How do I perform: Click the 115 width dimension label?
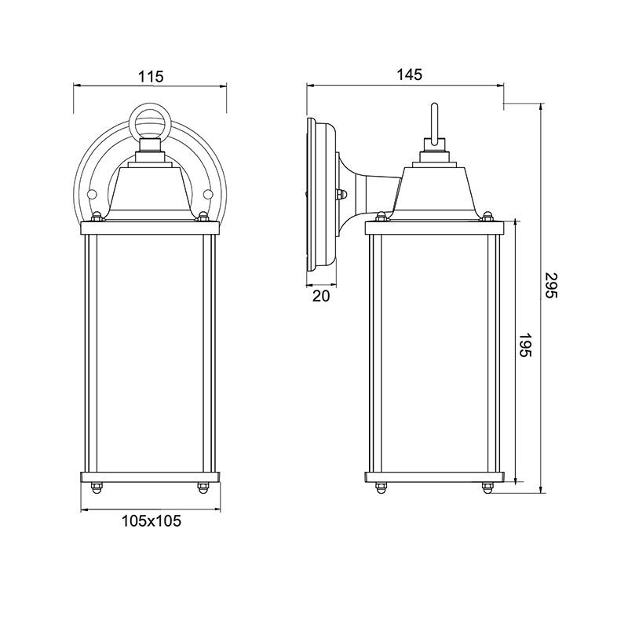[x=151, y=76]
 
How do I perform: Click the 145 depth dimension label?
[x=409, y=75]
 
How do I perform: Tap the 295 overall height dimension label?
[x=551, y=285]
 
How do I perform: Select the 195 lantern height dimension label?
[x=525, y=345]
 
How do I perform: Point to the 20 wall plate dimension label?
[x=321, y=296]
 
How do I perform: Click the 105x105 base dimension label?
[x=151, y=521]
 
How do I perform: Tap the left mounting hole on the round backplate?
[x=92, y=195]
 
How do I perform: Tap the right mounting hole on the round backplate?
[x=207, y=195]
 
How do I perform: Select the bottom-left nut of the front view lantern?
[x=96, y=487]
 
